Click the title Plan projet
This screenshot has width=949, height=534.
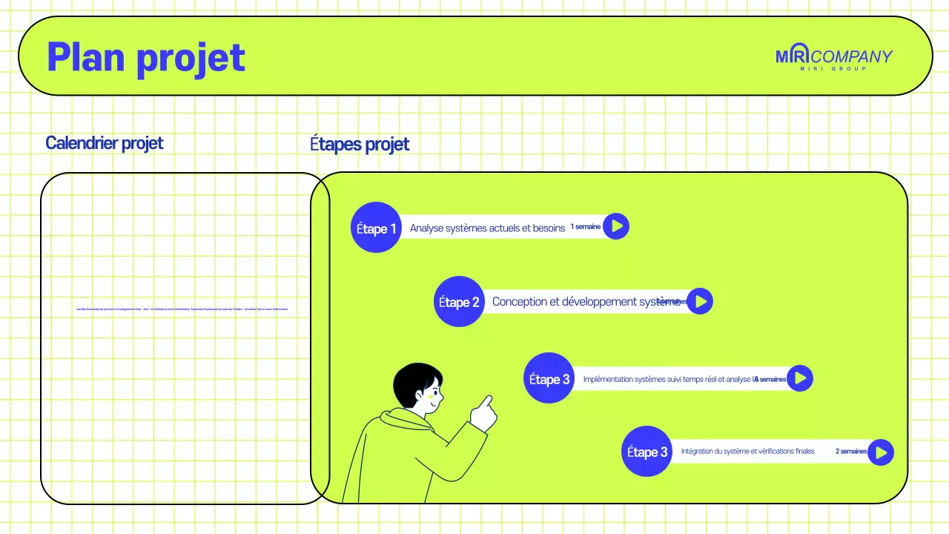(146, 57)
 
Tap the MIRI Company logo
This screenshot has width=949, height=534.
(834, 58)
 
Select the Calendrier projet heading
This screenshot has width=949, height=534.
(105, 142)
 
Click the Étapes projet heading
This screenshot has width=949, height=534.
(360, 144)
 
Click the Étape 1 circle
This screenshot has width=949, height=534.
(376, 228)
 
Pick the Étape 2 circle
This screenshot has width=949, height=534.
(459, 302)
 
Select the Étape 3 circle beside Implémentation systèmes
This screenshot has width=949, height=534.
(549, 378)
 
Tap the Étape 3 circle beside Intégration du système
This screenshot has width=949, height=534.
(647, 452)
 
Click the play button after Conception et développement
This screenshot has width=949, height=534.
(699, 301)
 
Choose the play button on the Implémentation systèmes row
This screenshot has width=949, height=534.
(799, 378)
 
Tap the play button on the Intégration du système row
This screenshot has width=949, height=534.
(880, 452)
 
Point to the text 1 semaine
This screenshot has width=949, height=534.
(586, 227)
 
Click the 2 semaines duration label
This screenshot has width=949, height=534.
(851, 451)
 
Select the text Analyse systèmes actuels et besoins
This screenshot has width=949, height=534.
(487, 228)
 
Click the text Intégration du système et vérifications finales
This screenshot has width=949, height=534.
(747, 451)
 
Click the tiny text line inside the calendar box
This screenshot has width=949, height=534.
(182, 309)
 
